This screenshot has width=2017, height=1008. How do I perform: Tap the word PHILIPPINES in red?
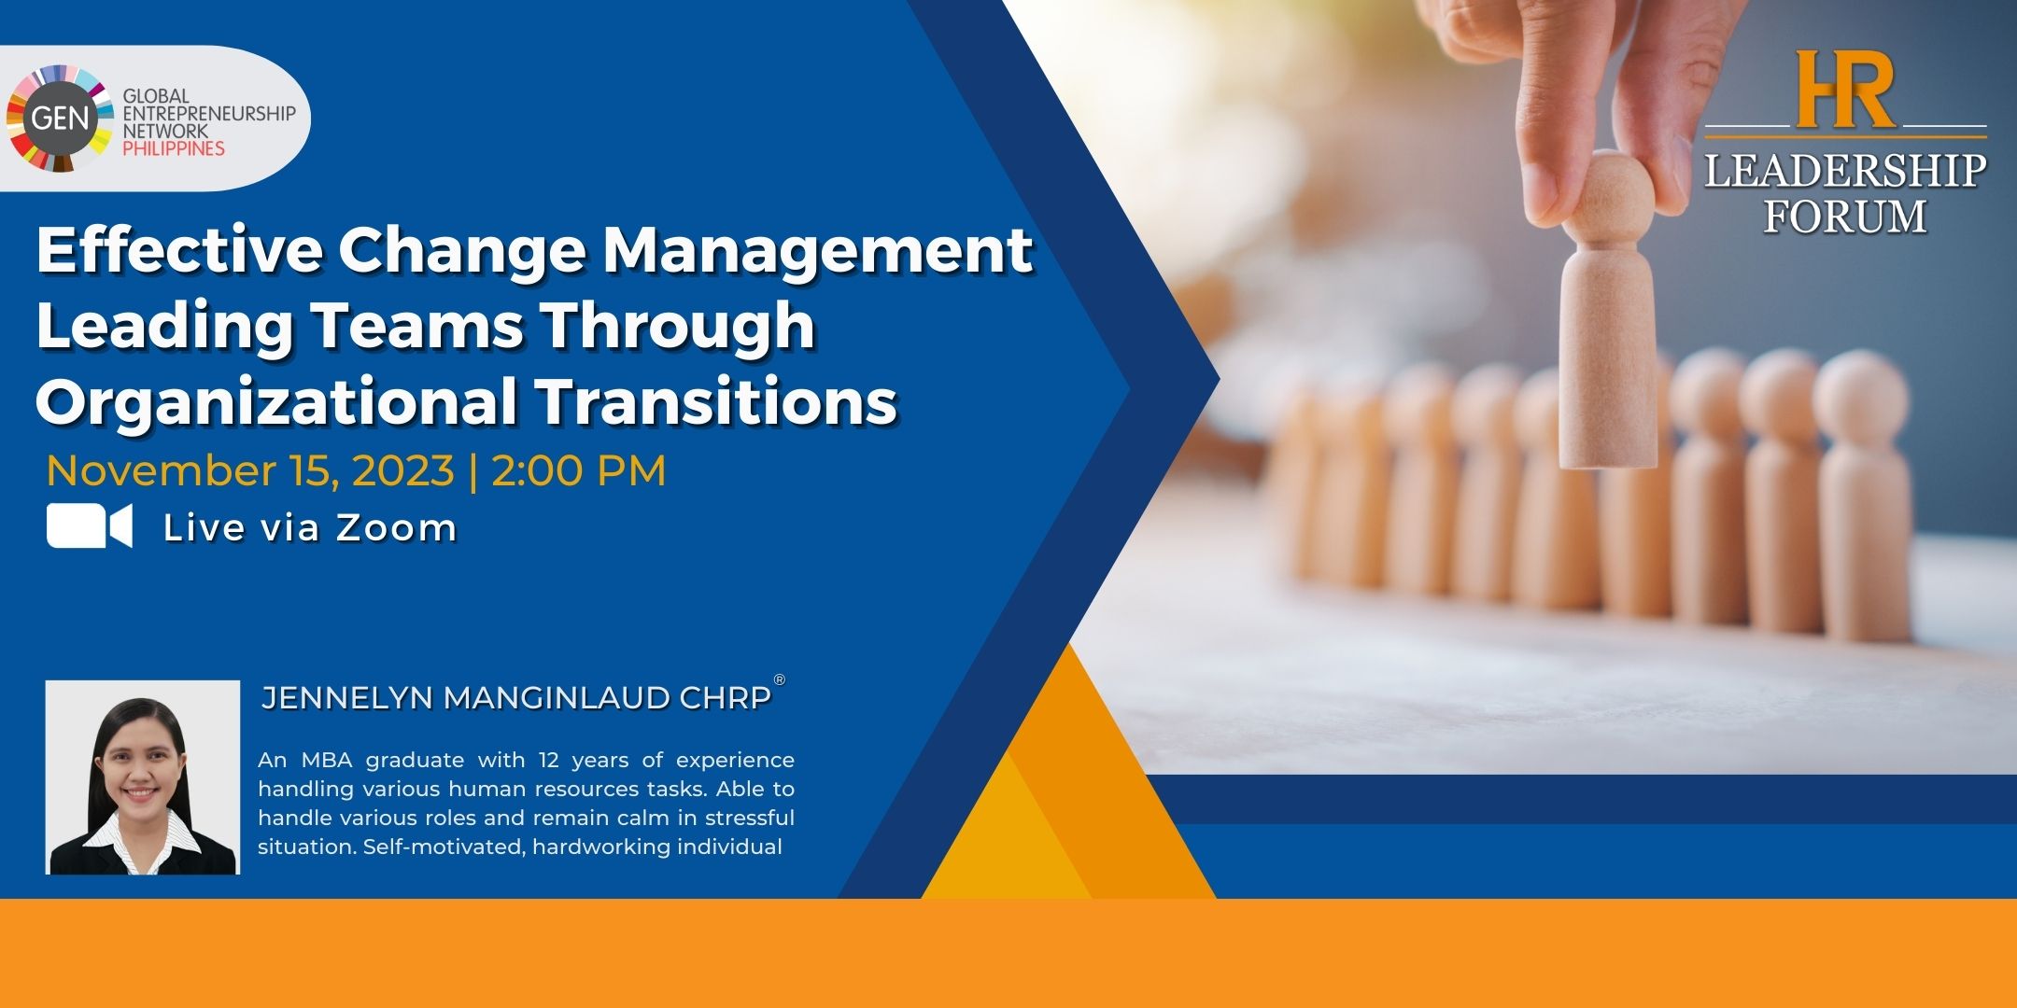point(174,148)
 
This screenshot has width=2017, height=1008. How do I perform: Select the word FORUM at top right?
point(1844,217)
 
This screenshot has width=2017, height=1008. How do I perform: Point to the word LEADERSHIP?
point(1845,171)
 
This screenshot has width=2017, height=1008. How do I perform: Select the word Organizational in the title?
point(276,402)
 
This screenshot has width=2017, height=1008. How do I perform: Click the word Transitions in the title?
point(716,401)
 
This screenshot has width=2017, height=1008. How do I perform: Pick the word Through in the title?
point(678,328)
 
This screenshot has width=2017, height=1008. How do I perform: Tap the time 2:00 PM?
point(579,470)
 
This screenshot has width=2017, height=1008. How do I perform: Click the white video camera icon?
point(90,526)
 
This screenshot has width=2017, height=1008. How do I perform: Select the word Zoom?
point(396,528)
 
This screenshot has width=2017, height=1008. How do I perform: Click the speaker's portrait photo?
point(143,777)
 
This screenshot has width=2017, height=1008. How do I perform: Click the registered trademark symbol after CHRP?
point(780,679)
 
